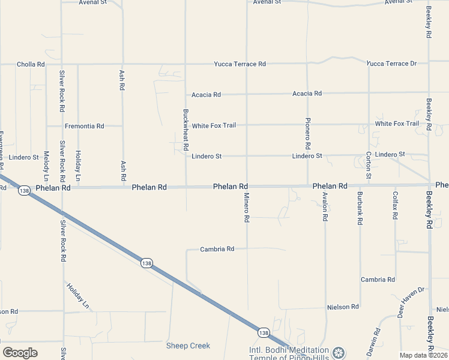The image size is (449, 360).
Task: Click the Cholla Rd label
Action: [31, 64]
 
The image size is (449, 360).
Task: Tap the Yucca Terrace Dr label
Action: [391, 64]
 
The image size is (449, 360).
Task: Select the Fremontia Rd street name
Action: [85, 126]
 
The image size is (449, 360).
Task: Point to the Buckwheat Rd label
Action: [186, 130]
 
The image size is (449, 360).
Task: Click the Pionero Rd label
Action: [307, 133]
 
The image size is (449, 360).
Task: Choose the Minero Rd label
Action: [246, 208]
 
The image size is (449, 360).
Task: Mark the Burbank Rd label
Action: [360, 208]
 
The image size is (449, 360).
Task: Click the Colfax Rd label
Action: [395, 205]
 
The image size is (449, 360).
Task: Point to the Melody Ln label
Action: [46, 166]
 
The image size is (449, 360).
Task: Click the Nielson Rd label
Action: [343, 307]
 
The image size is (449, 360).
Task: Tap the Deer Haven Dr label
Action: [411, 302]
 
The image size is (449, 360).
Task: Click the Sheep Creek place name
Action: [188, 346]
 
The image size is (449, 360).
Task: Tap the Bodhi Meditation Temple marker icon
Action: [339, 352]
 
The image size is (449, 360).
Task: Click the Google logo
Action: [20, 353]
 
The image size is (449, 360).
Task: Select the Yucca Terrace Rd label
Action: [240, 64]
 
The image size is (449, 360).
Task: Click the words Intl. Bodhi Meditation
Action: [289, 350]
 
